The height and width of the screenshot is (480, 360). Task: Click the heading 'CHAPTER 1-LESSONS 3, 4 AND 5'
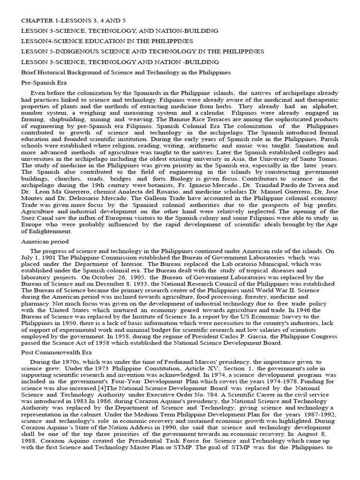(x=74, y=21)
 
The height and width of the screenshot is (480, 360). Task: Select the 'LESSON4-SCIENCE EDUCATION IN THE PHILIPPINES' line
(x=107, y=41)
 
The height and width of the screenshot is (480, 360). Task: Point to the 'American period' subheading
(x=45, y=241)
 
